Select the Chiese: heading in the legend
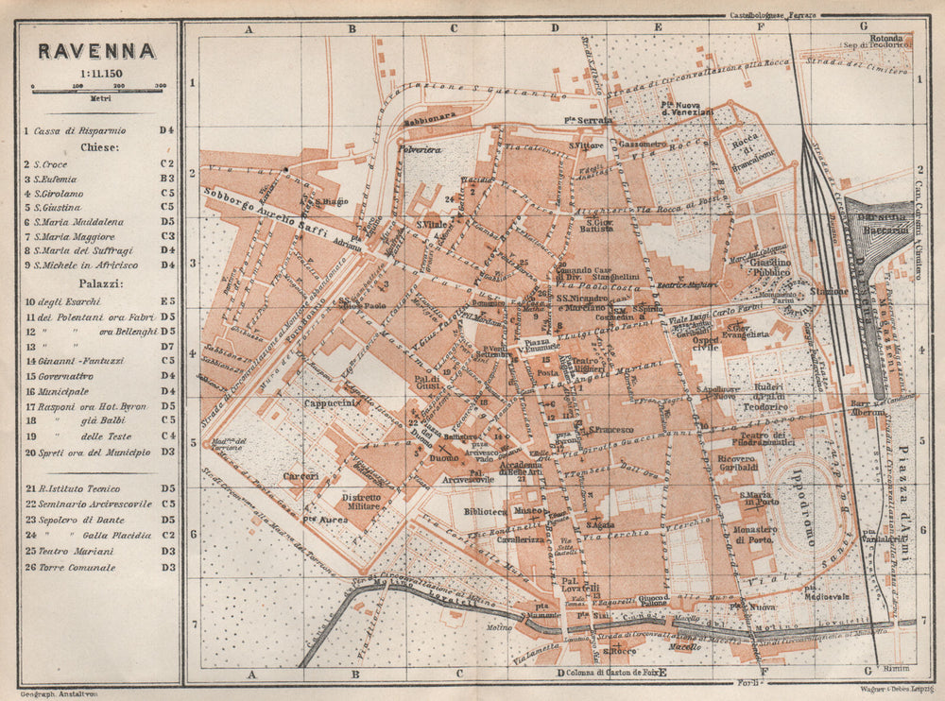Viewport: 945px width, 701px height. click(97, 147)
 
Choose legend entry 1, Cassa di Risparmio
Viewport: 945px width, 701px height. click(79, 130)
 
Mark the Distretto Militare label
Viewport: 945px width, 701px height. click(360, 502)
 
